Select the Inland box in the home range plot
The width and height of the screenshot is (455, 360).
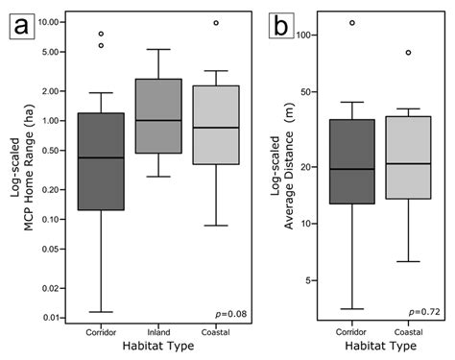(157, 116)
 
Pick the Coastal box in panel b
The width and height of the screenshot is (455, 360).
(407, 157)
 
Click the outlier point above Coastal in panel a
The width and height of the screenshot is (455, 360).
(216, 22)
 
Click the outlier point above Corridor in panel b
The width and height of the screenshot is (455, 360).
(352, 22)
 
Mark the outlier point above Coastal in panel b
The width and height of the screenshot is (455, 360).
(407, 53)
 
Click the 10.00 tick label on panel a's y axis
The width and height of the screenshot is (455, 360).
(52, 22)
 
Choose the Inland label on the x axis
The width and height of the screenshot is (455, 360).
(157, 332)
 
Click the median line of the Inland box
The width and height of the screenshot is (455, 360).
(157, 120)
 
